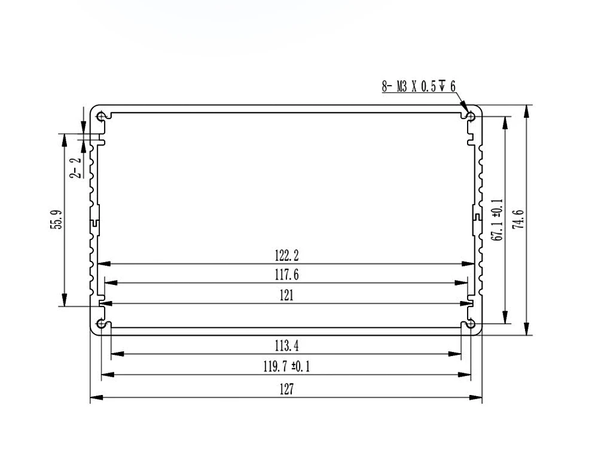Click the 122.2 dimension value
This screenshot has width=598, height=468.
tap(286, 256)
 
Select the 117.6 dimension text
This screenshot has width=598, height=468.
tap(286, 275)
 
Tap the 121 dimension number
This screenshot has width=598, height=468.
tap(286, 295)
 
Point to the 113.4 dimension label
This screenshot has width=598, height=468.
tap(286, 346)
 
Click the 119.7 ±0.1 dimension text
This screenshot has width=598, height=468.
tap(286, 367)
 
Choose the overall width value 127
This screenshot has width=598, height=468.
tap(286, 390)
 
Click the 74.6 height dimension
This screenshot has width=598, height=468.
tap(518, 220)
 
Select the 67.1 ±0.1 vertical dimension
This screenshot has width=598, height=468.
tap(498, 220)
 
